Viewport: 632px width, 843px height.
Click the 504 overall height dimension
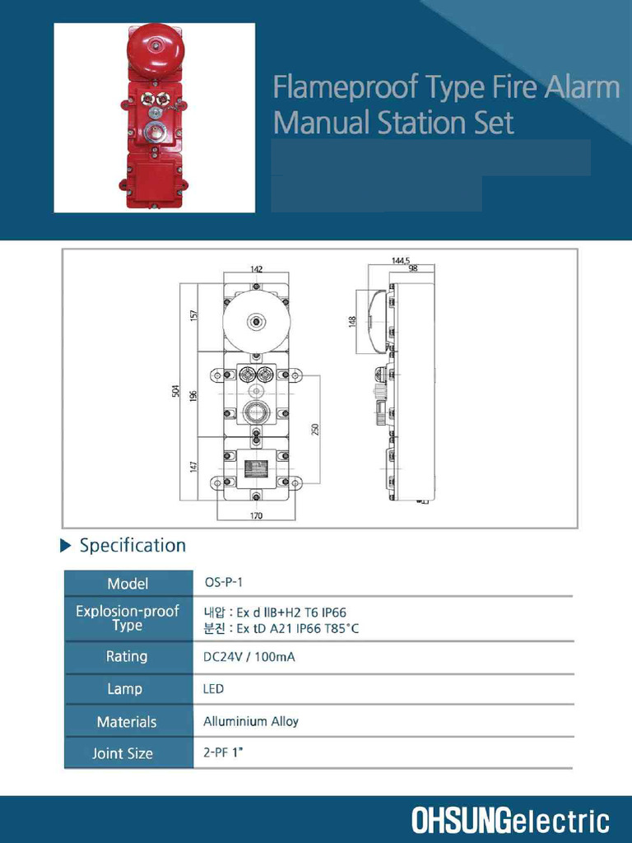click(174, 392)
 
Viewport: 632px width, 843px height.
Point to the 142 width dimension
click(256, 269)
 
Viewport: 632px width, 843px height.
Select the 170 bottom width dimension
click(256, 516)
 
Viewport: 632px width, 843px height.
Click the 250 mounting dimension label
click(315, 429)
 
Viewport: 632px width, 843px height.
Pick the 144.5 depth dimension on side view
click(401, 260)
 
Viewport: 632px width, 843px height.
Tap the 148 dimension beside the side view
click(352, 321)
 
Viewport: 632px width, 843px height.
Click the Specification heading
click(132, 545)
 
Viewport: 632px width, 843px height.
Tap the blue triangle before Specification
click(67, 546)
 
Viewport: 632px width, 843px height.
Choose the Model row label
click(128, 584)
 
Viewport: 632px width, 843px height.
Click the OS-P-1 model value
click(223, 582)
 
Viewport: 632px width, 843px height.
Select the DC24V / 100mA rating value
click(249, 657)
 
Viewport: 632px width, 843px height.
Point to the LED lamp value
click(213, 689)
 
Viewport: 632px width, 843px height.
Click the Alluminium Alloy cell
click(251, 721)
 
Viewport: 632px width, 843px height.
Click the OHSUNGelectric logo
click(510, 820)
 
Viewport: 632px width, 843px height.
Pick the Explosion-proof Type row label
click(128, 618)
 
